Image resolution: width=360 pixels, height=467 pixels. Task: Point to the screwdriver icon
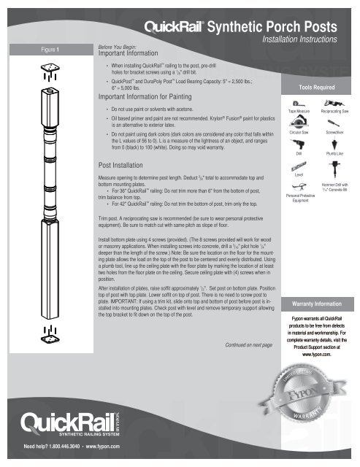pos(335,125)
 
